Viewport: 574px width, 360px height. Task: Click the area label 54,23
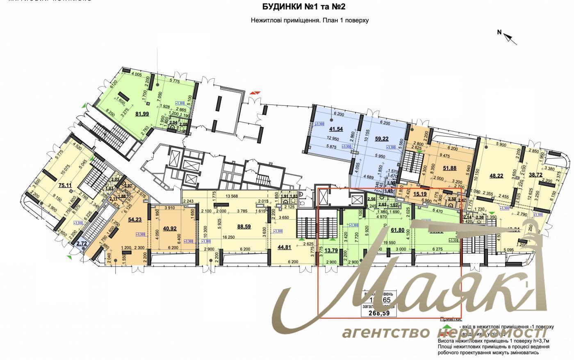pos(135,220)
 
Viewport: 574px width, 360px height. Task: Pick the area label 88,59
pos(244,226)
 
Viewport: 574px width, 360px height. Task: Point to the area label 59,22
pos(381,139)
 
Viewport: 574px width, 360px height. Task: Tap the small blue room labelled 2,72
pos(82,243)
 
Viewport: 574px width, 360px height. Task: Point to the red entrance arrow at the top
pos(255,93)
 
